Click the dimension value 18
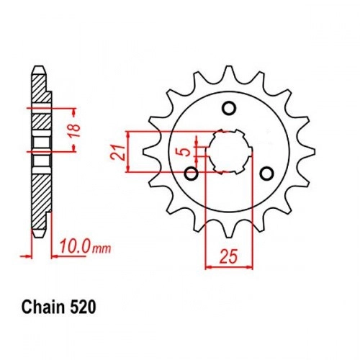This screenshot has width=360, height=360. (75, 130)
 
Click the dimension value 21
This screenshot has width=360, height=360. (117, 153)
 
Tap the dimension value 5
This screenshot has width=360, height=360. (185, 152)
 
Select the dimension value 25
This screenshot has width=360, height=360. (228, 256)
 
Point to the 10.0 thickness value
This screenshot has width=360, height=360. (75, 246)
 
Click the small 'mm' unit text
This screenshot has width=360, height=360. (102, 249)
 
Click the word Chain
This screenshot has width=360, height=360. (43, 307)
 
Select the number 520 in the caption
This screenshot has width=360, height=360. (82, 307)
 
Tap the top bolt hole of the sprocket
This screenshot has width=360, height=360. (229, 108)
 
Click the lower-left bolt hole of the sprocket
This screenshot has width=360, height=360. (192, 174)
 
